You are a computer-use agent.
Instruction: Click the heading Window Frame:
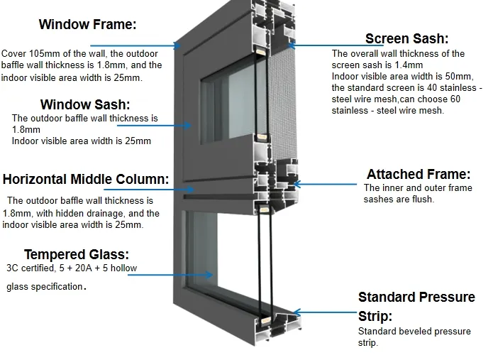click(x=87, y=25)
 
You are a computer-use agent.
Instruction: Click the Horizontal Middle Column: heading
click(x=86, y=178)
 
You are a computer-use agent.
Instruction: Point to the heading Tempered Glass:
click(x=77, y=254)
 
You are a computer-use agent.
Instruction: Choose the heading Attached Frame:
click(x=418, y=174)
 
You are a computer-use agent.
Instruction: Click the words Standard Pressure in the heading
click(x=416, y=297)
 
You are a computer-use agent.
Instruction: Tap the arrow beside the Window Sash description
click(x=170, y=125)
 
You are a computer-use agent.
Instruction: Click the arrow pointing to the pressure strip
click(x=323, y=312)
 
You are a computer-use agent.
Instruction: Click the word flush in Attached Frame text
click(x=423, y=200)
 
